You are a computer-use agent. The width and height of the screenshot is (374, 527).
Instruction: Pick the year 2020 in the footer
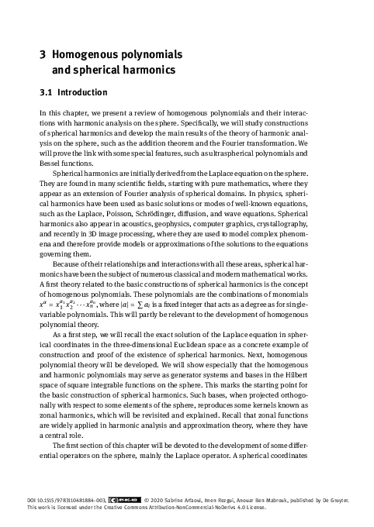(151, 501)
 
